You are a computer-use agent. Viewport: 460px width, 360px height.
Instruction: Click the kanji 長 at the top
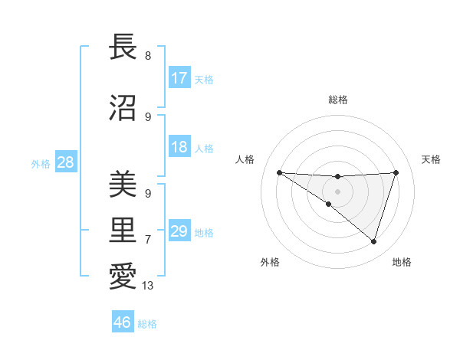(x=123, y=47)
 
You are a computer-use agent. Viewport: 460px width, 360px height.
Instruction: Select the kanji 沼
(x=123, y=108)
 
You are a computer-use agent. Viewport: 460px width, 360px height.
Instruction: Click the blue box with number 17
(x=179, y=78)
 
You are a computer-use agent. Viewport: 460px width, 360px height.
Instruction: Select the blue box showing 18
(x=179, y=147)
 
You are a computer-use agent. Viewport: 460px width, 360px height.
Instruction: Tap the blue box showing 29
(x=179, y=231)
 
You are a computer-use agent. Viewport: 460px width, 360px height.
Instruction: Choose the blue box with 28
(x=65, y=162)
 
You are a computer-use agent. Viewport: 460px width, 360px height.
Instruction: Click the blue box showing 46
(x=123, y=322)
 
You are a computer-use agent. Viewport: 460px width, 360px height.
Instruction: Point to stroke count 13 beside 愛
(x=148, y=286)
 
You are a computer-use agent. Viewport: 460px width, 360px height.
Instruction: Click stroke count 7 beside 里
(x=148, y=240)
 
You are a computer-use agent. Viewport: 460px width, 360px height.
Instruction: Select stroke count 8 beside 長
(x=148, y=56)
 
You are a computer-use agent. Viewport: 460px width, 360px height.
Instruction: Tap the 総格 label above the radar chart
(x=337, y=100)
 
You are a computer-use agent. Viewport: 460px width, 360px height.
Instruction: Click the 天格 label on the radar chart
(x=431, y=159)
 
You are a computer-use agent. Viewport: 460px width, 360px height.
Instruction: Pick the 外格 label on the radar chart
(x=270, y=262)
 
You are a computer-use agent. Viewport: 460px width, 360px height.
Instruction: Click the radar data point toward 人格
(x=279, y=172)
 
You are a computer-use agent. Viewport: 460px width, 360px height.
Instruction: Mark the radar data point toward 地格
(x=373, y=241)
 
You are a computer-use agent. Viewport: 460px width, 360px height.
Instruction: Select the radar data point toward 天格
(x=396, y=172)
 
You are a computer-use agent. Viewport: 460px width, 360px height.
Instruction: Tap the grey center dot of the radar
(x=337, y=191)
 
